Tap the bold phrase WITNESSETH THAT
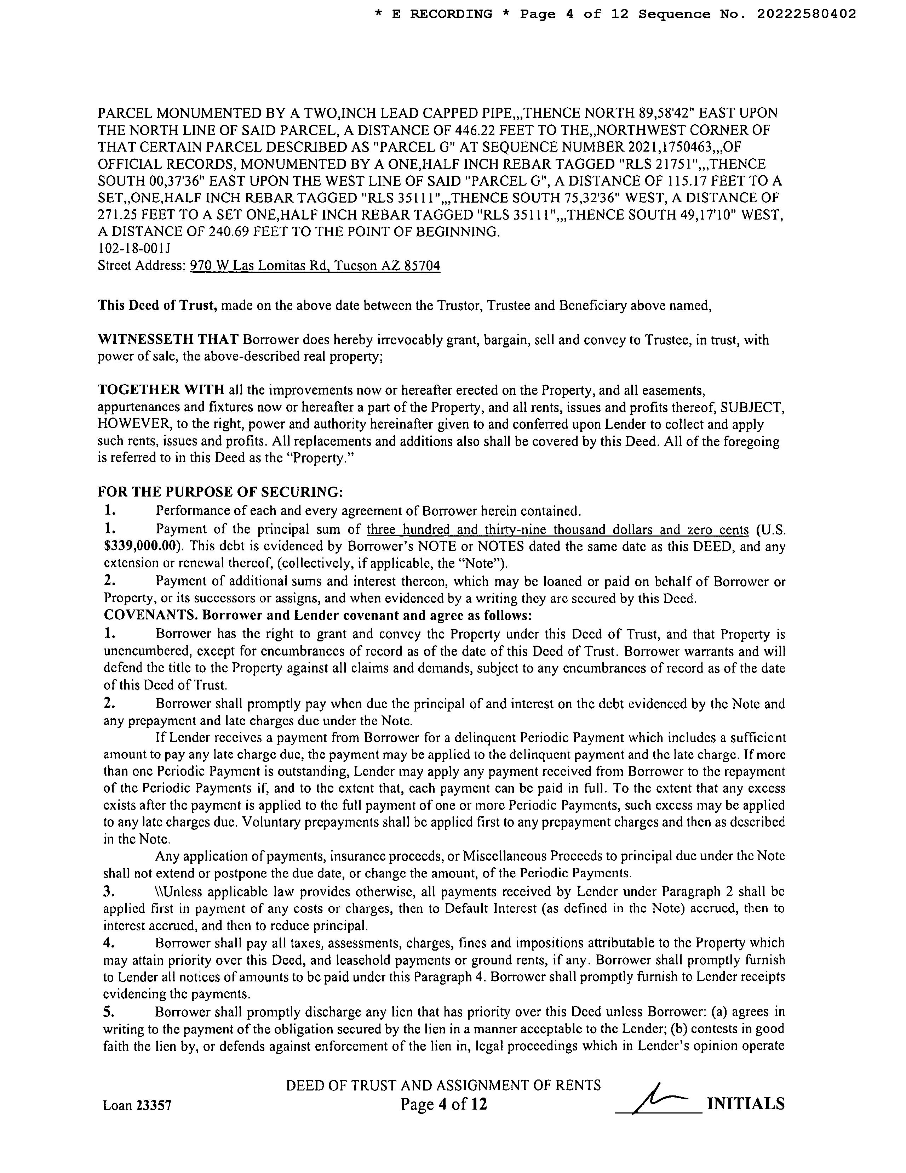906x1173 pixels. (x=168, y=340)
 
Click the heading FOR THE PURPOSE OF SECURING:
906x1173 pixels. (x=220, y=492)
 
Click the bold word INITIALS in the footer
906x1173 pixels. (x=746, y=1104)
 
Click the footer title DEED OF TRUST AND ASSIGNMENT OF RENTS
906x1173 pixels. (x=443, y=1086)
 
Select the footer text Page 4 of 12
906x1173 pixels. (x=444, y=1104)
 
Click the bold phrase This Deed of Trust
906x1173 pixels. (x=157, y=306)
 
